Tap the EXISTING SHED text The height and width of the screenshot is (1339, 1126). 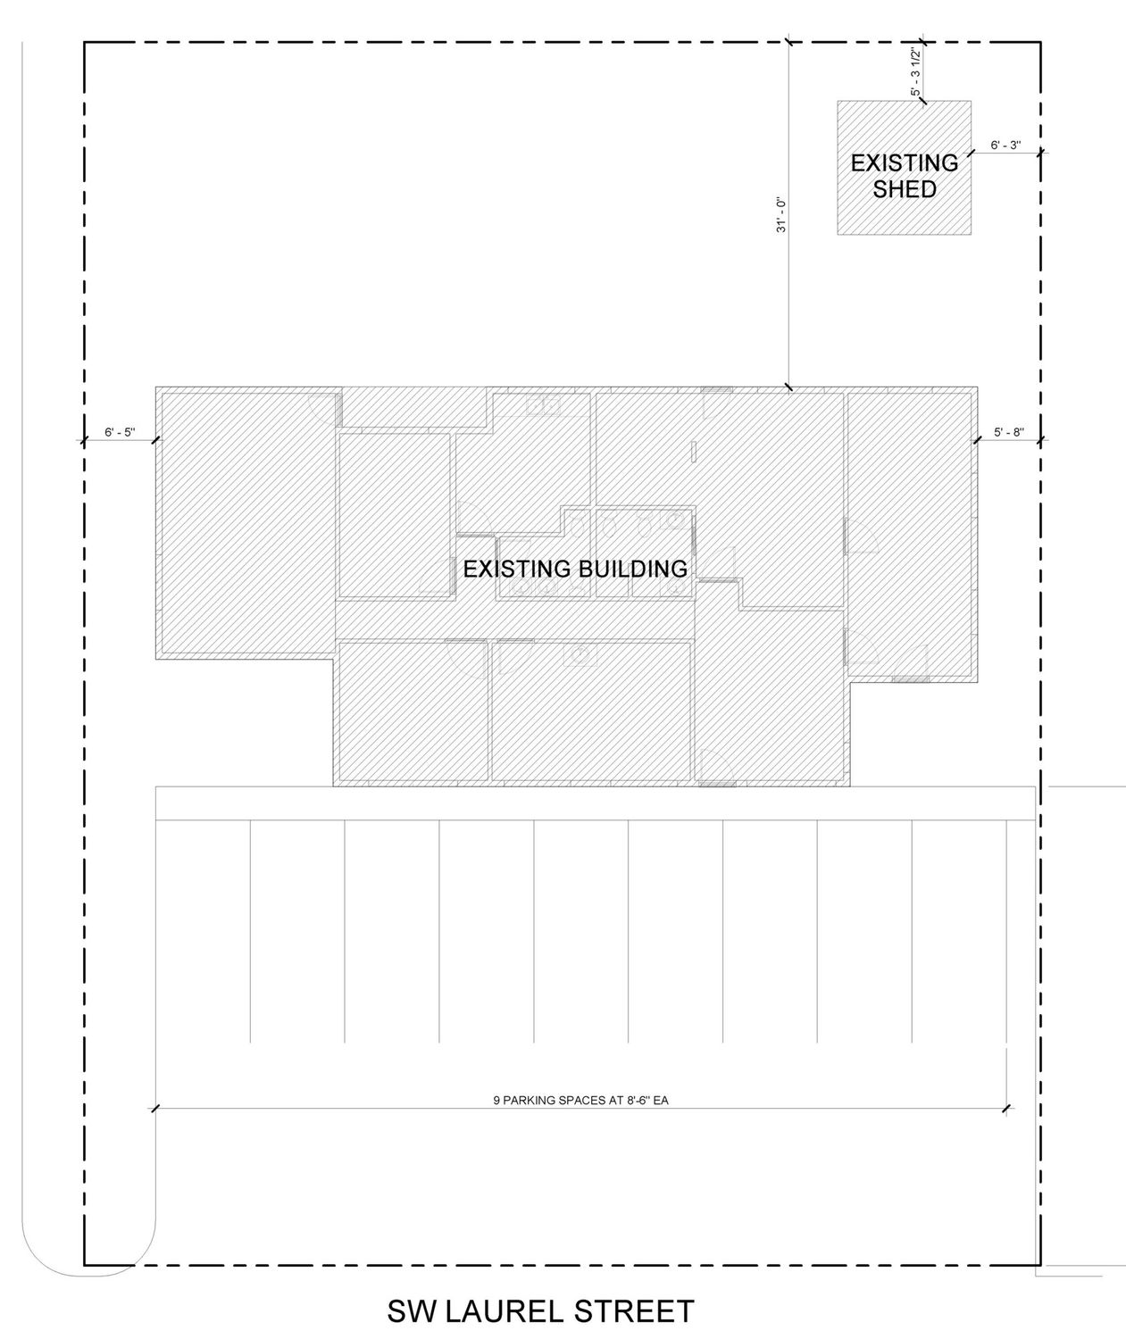click(904, 176)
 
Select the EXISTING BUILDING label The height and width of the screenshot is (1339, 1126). click(575, 569)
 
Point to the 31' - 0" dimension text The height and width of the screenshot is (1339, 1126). click(780, 214)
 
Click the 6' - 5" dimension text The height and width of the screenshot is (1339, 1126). click(120, 432)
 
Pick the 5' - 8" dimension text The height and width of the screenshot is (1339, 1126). click(1009, 432)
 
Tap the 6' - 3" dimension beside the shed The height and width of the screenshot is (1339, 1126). click(1005, 145)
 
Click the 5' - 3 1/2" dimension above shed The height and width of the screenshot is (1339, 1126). click(916, 71)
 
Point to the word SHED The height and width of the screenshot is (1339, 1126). click(904, 189)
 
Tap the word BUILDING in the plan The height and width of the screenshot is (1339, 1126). click(632, 569)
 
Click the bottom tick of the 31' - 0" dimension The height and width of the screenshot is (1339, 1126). click(788, 387)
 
